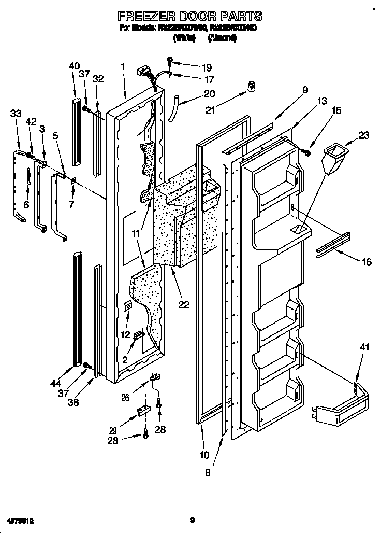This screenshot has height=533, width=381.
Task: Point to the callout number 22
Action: coord(184,304)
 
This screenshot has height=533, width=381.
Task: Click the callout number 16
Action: coord(366,262)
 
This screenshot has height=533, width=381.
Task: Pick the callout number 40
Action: coord(74,66)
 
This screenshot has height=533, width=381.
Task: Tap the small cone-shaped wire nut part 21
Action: coord(252,88)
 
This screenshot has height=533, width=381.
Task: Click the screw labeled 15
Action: coord(307,150)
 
